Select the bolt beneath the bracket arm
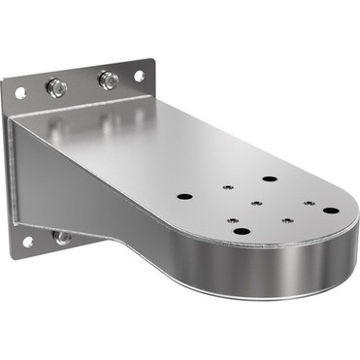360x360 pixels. pyautogui.click(x=62, y=236)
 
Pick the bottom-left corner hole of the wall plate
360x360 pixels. pyautogui.click(x=27, y=241)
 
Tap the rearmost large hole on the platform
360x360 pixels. pyautogui.click(x=269, y=180)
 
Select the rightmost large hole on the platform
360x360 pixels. pyautogui.click(x=331, y=210)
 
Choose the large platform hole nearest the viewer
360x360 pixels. pyautogui.click(x=242, y=230)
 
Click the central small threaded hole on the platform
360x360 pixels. pyautogui.click(x=257, y=203)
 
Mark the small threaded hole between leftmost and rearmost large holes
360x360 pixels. pyautogui.click(x=224, y=189)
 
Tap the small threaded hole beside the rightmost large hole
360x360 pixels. pyautogui.click(x=309, y=204)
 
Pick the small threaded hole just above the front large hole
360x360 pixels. pyautogui.click(x=234, y=220)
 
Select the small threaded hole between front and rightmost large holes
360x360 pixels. pyautogui.click(x=287, y=221)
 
